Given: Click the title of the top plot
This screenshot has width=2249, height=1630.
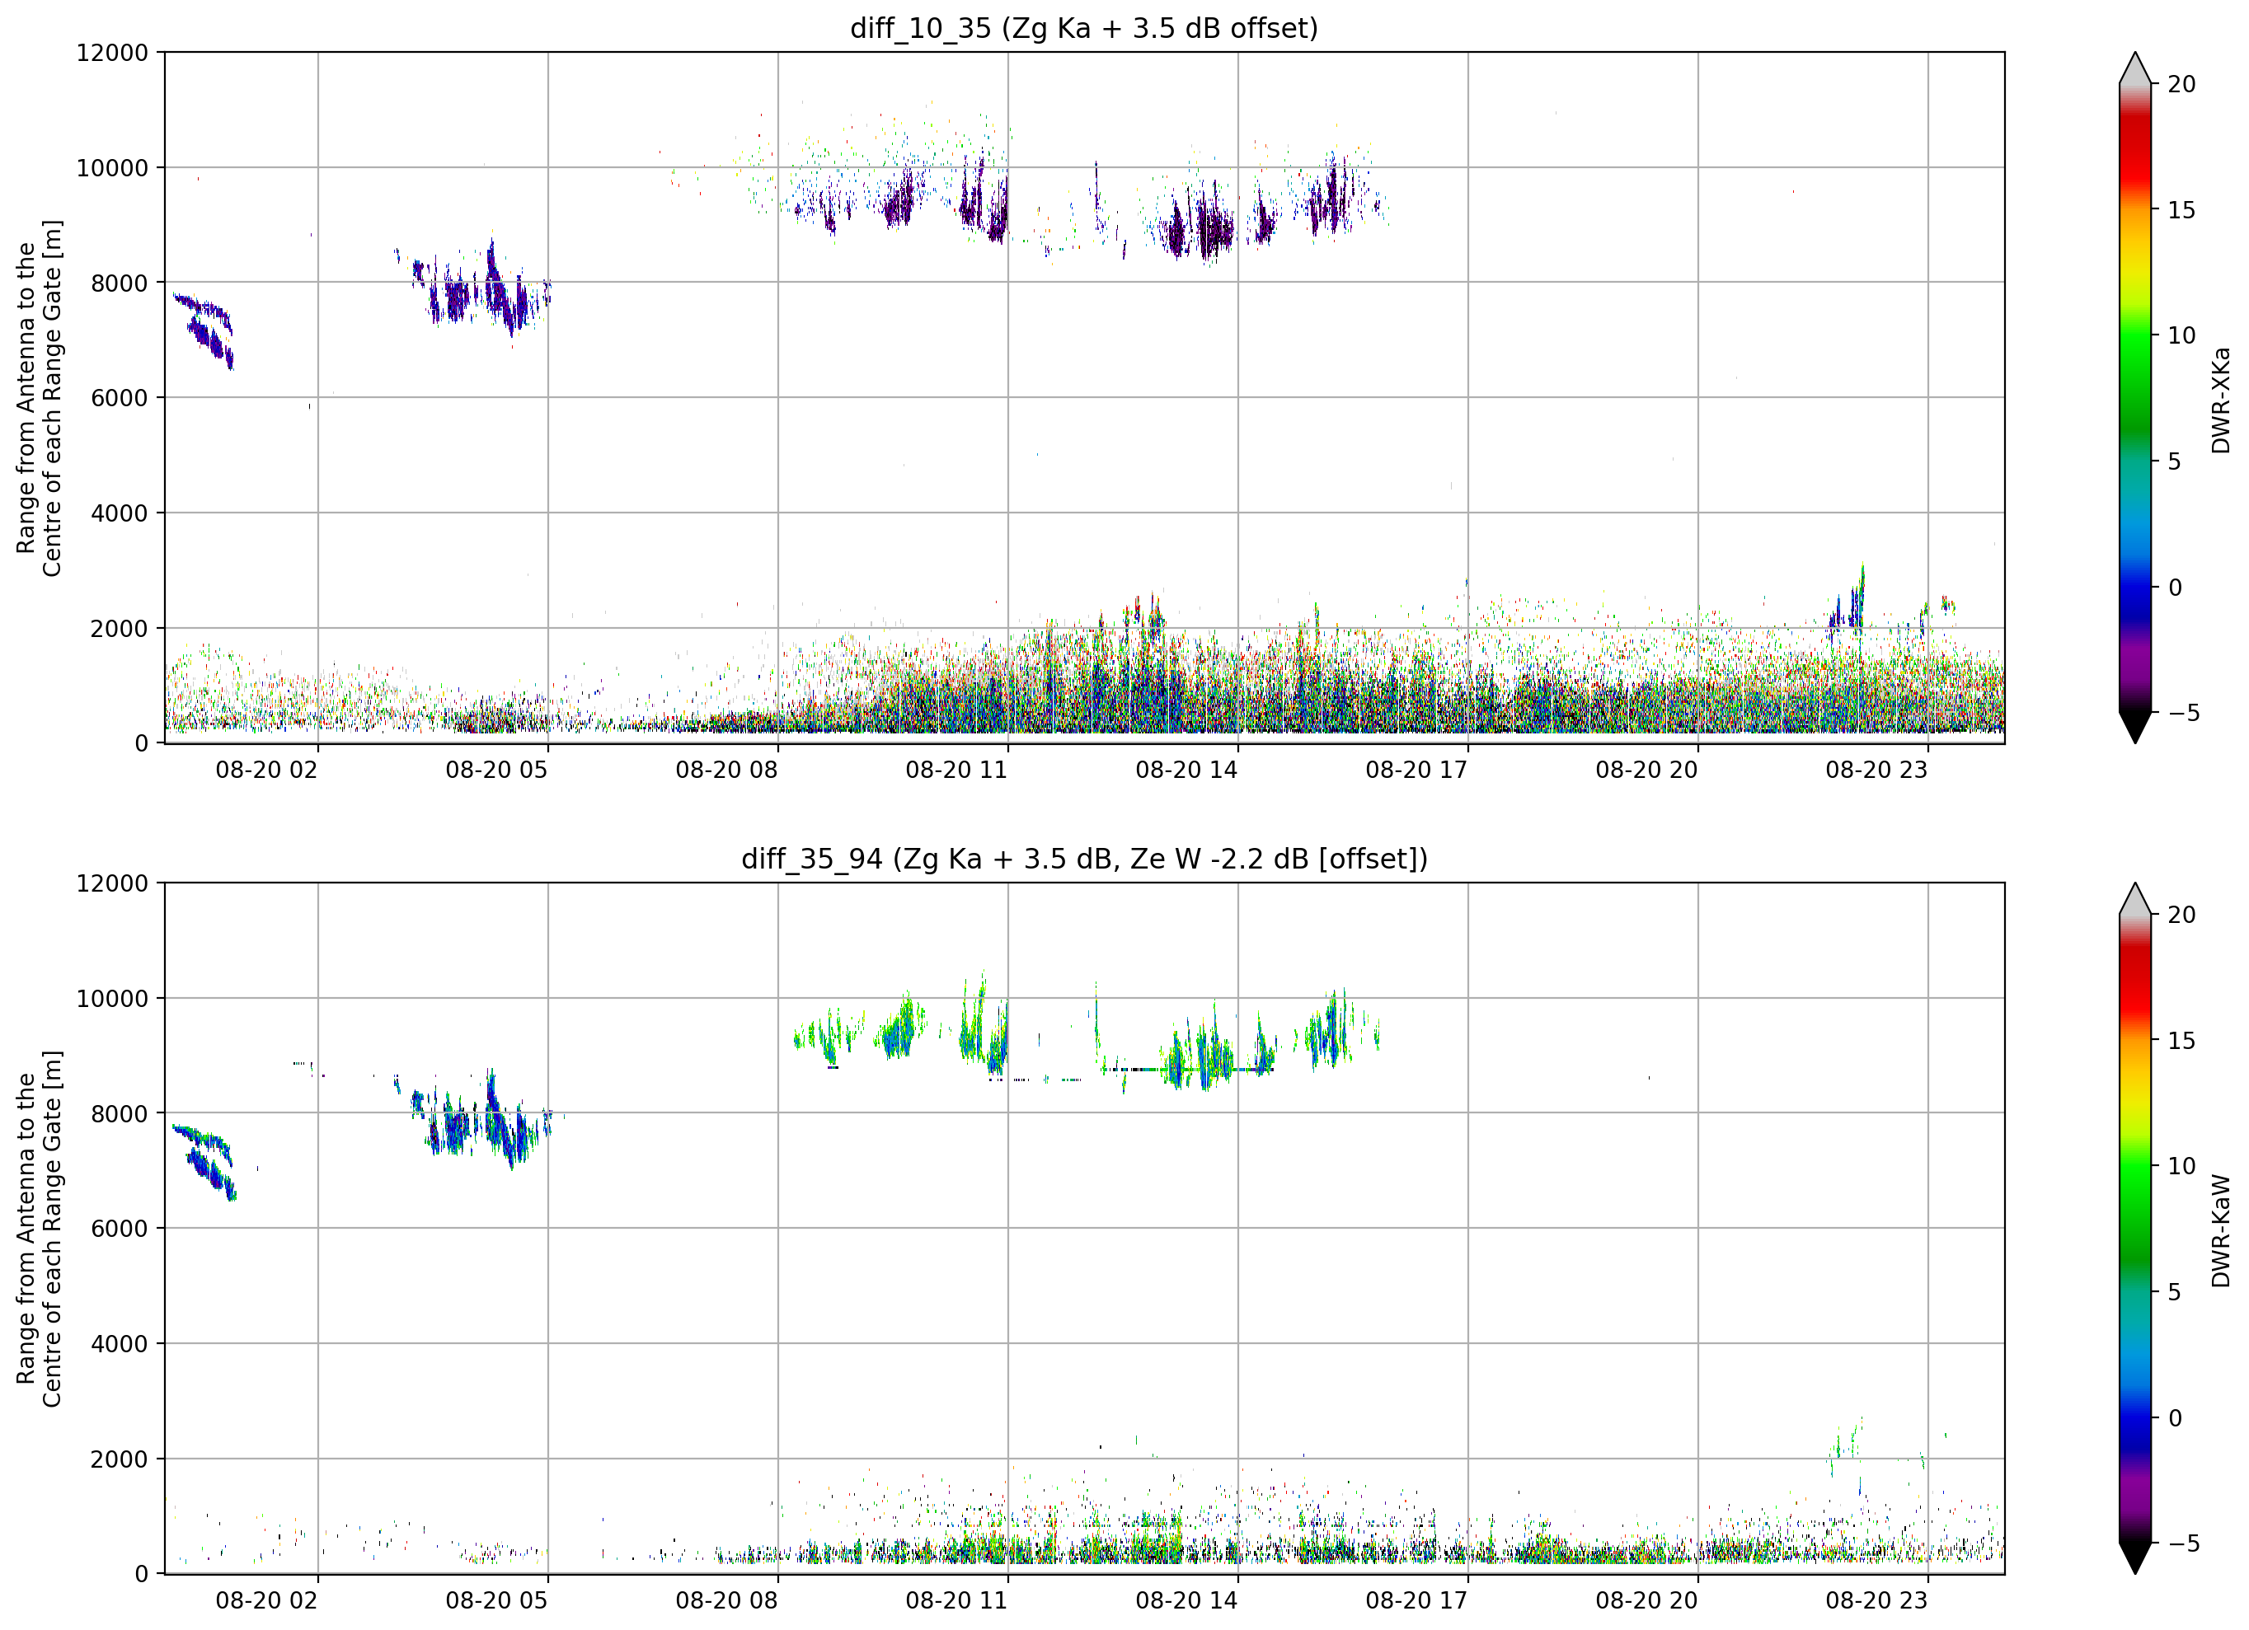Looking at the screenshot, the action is tap(1084, 28).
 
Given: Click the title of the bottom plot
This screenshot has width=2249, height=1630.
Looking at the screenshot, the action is tap(1084, 859).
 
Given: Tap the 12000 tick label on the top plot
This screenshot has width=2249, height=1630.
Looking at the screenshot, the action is tap(112, 53).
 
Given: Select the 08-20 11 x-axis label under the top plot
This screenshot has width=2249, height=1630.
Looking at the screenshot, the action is tap(956, 771).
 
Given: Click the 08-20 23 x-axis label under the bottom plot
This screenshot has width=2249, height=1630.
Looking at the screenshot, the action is tap(1876, 1600).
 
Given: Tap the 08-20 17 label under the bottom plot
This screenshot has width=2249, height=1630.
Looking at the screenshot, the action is tap(1416, 1600).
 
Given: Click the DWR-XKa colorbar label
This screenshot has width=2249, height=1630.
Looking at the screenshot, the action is tap(2220, 400).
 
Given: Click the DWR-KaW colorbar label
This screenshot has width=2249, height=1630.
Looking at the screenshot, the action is tap(2220, 1230).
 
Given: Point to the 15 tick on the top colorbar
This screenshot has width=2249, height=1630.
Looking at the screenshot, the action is tap(2181, 210).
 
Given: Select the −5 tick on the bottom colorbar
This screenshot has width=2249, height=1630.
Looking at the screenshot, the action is tap(2176, 1543).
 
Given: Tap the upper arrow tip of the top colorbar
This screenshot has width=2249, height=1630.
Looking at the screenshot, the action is tap(2135, 53).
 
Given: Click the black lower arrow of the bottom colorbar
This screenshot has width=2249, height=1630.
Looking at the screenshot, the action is tap(2135, 1557).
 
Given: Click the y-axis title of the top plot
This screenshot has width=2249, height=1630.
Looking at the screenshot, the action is tap(39, 397).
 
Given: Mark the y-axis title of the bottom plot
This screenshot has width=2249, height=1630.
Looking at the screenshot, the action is tap(39, 1229).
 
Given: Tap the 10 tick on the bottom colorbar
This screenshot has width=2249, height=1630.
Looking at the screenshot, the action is tap(2181, 1166).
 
